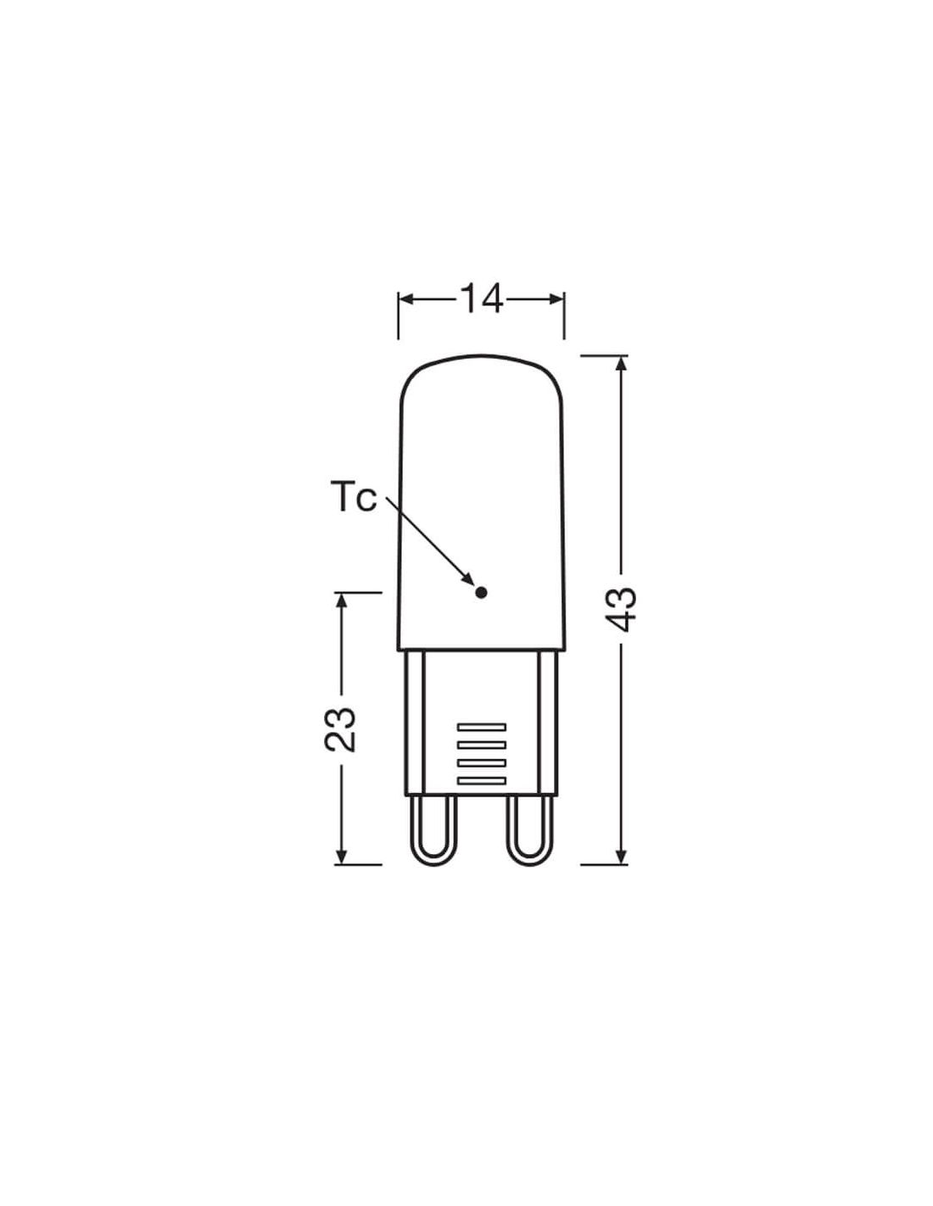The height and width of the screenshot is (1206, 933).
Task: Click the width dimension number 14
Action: (x=481, y=299)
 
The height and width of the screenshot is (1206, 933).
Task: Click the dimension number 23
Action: (x=339, y=729)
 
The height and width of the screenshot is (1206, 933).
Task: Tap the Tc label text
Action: (x=354, y=497)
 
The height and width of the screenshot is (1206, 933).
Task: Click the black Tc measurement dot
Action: (x=481, y=593)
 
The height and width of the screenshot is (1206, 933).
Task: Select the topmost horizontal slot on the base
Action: (x=481, y=727)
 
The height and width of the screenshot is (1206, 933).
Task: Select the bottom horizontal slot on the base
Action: (x=481, y=781)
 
